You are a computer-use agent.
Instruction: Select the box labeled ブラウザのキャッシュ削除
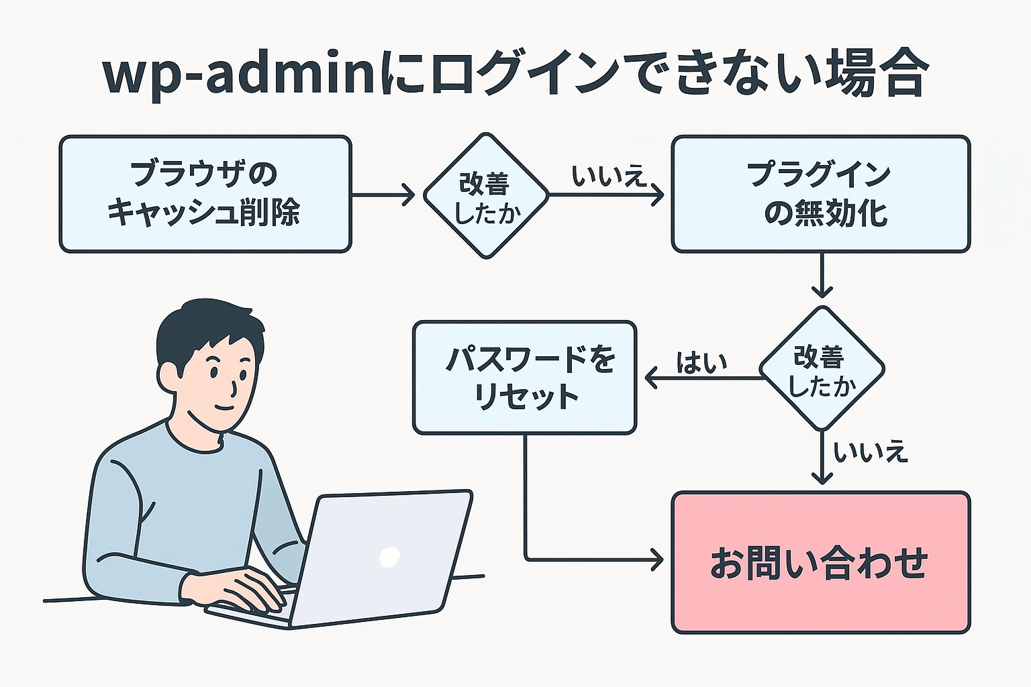point(205,194)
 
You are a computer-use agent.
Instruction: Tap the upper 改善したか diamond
point(486,195)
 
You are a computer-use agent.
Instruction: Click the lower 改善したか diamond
point(822,369)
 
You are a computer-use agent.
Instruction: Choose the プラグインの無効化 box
point(820,194)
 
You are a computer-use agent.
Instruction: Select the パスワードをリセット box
point(524,378)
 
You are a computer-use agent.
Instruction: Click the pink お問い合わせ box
point(820,562)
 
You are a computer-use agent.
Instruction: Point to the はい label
point(702,363)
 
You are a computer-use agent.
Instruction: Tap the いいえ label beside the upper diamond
point(607,176)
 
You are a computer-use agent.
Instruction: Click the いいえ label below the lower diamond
point(870,453)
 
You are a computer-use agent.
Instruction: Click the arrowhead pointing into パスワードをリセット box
point(651,378)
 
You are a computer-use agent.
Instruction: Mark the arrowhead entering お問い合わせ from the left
point(656,559)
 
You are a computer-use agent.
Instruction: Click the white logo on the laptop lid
point(389,556)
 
